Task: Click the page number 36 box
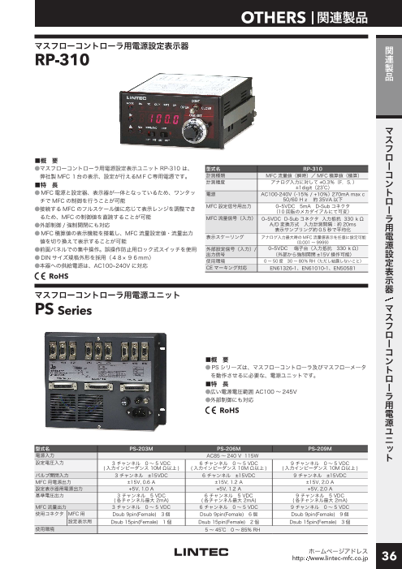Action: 387,554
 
